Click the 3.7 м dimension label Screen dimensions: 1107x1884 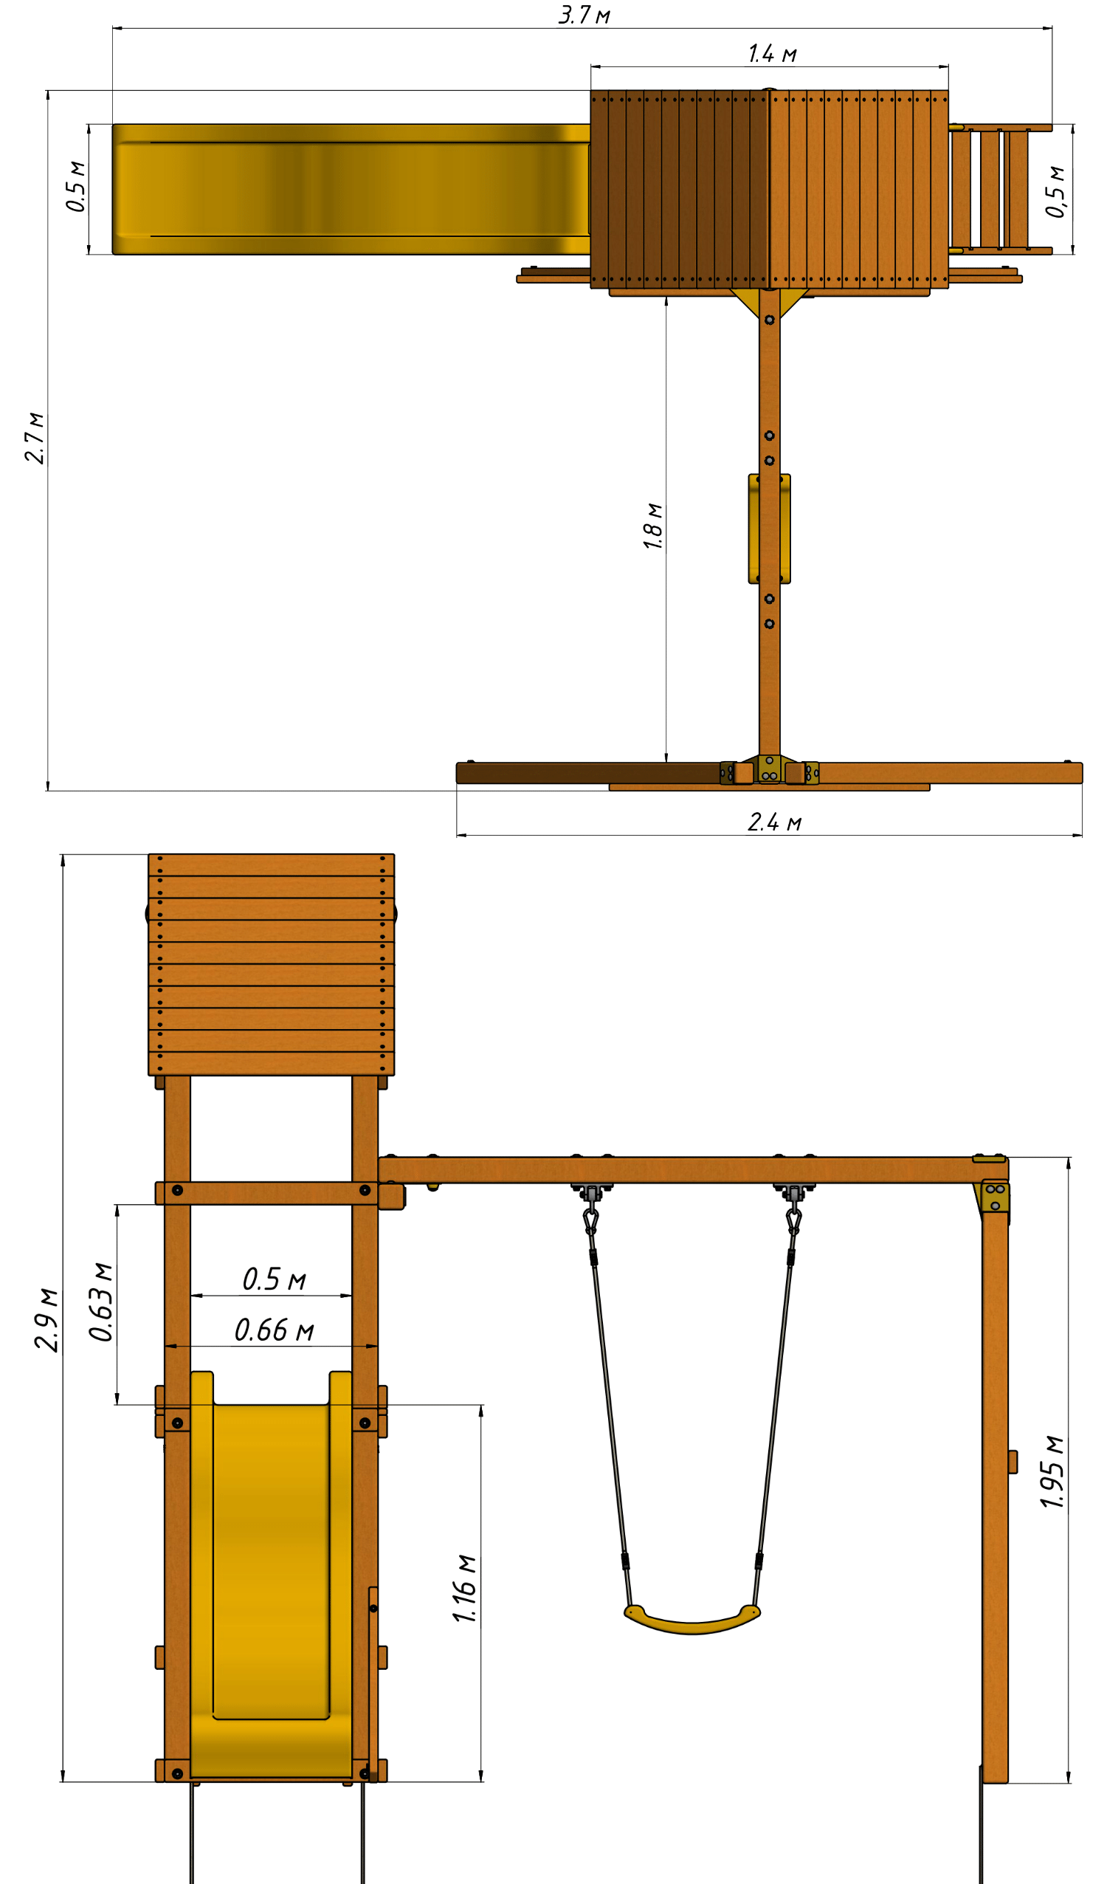[x=584, y=14]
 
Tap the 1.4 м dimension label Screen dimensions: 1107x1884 [x=772, y=53]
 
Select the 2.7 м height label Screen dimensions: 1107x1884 [x=35, y=437]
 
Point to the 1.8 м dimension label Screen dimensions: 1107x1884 [x=652, y=526]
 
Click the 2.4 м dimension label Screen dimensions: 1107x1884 [x=774, y=822]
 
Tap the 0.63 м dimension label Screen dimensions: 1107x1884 [x=101, y=1302]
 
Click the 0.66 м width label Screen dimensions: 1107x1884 [x=274, y=1330]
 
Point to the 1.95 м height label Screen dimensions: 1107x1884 [x=1052, y=1472]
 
